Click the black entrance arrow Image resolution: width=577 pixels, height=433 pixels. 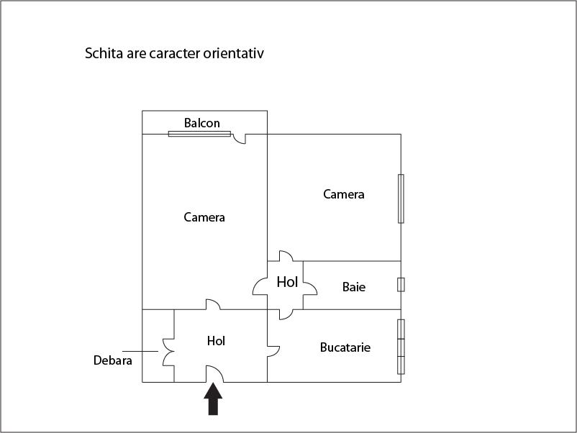pyautogui.click(x=213, y=399)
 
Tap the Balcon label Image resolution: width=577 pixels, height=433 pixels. pyautogui.click(x=202, y=123)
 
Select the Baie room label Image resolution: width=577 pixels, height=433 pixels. pyautogui.click(x=354, y=287)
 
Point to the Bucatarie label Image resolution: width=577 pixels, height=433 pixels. pyautogui.click(x=345, y=347)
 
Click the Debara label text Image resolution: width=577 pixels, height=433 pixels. pyautogui.click(x=113, y=360)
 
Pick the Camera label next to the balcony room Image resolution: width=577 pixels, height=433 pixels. pyautogui.click(x=204, y=217)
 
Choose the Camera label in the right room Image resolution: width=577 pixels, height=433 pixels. pyautogui.click(x=344, y=194)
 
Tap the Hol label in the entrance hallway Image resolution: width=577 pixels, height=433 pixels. pyautogui.click(x=216, y=341)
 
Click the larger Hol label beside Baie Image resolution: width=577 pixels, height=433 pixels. pyautogui.click(x=287, y=282)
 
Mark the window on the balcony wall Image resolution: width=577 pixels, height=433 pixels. pyautogui.click(x=199, y=134)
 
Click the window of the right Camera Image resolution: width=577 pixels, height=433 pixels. pyautogui.click(x=401, y=199)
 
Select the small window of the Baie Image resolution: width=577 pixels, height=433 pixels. pyautogui.click(x=401, y=285)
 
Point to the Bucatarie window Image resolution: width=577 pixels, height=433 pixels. pyautogui.click(x=401, y=347)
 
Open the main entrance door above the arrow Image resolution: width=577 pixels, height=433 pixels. pyautogui.click(x=214, y=374)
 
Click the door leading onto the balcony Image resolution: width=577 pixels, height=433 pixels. pyautogui.click(x=240, y=139)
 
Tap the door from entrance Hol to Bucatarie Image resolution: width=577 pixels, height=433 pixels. pyautogui.click(x=273, y=351)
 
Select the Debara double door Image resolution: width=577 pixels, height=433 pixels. pyautogui.click(x=168, y=352)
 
